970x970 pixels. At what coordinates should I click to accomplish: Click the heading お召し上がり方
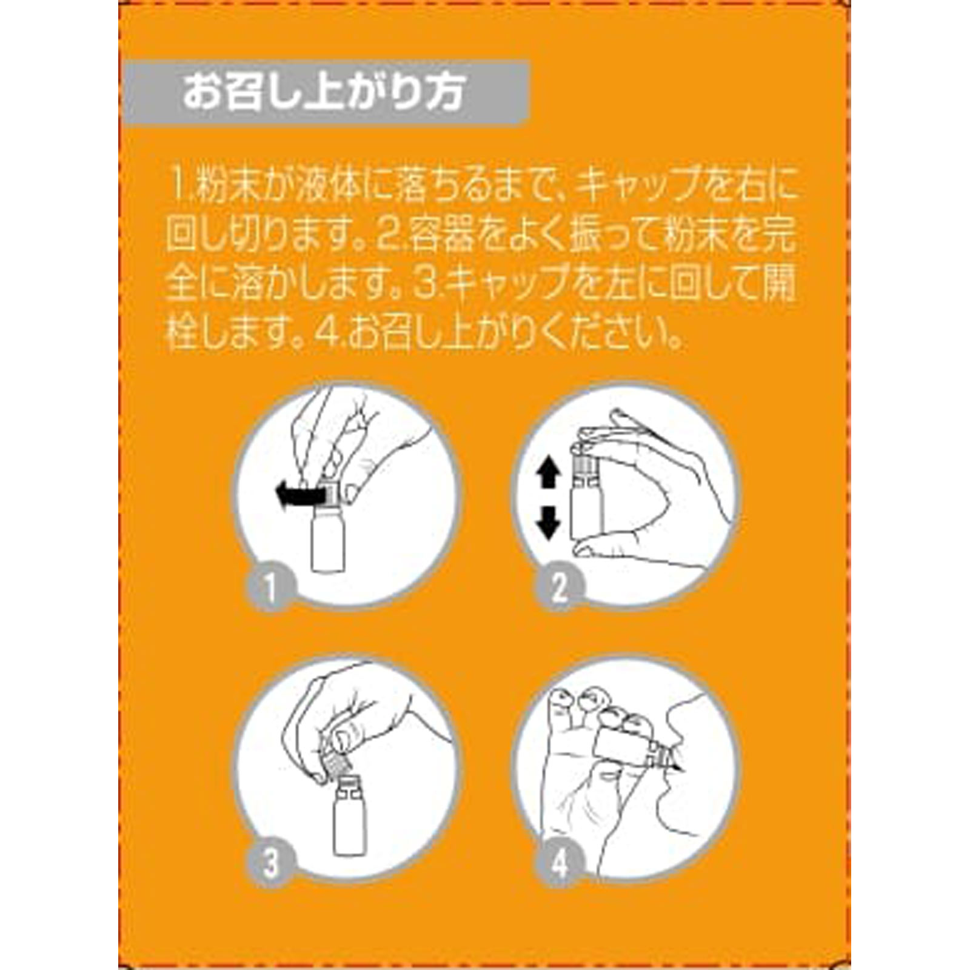click(324, 93)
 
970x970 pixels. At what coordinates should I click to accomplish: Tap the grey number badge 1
click(270, 587)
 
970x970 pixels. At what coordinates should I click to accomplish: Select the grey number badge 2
click(559, 587)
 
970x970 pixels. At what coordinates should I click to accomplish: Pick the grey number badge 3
click(270, 862)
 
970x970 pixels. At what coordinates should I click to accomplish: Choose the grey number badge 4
click(559, 862)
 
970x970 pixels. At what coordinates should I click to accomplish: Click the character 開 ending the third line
click(778, 286)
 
